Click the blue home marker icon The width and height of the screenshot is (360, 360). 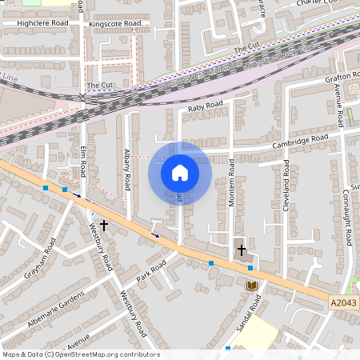click(x=180, y=172)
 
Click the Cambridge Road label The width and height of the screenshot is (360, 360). click(x=300, y=140)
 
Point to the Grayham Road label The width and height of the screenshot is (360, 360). click(x=41, y=258)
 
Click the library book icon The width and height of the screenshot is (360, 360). click(x=251, y=285)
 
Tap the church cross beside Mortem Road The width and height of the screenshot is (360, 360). click(x=241, y=250)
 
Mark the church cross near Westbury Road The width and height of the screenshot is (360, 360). click(x=104, y=226)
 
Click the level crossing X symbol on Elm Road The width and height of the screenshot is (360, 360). click(x=82, y=98)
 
